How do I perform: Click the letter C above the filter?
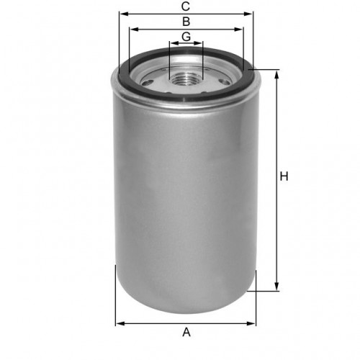186,6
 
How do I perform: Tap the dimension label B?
186,22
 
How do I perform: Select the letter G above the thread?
186,37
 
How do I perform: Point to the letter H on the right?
284,176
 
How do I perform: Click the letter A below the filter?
186,333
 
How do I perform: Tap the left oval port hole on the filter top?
147,83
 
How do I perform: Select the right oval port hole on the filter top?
225,81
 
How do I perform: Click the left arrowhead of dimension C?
124,14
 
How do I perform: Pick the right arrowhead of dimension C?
248,14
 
